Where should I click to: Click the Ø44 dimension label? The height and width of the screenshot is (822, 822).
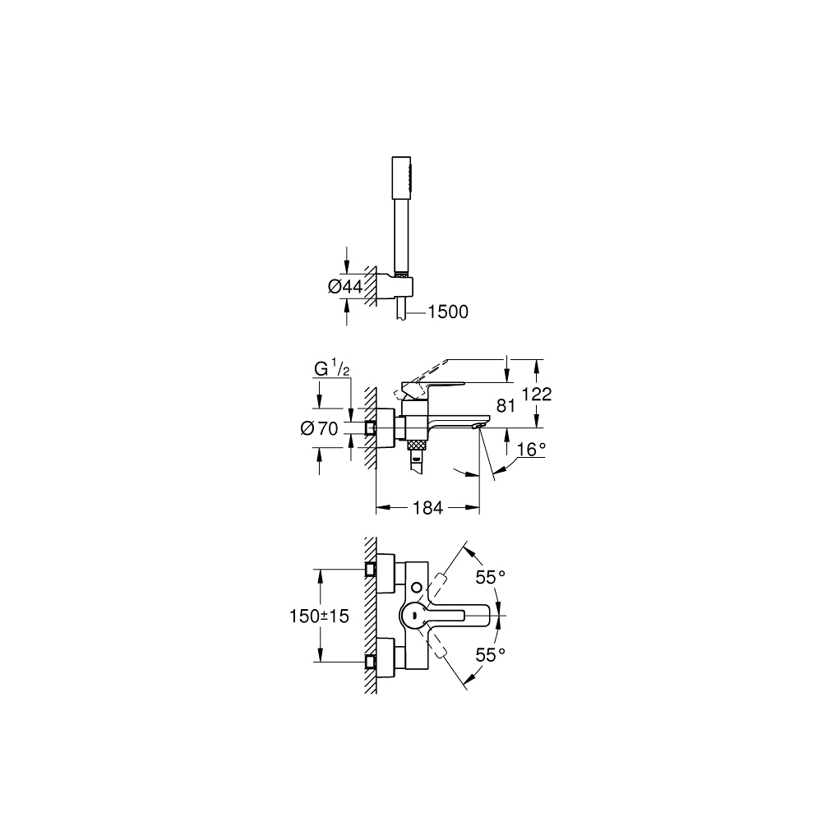tap(345, 286)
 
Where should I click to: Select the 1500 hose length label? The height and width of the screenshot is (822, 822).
tap(447, 312)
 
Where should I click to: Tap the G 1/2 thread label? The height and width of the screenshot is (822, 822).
tap(333, 369)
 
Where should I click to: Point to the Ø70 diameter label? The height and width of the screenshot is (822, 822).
tap(321, 427)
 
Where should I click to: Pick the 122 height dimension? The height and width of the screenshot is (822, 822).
tap(535, 394)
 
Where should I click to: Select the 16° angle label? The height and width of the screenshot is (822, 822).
tap(531, 448)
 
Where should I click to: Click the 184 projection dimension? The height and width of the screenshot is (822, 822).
tap(427, 508)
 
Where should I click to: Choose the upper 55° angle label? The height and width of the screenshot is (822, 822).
tap(490, 577)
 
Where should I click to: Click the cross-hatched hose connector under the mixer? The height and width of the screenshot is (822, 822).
tap(418, 444)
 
